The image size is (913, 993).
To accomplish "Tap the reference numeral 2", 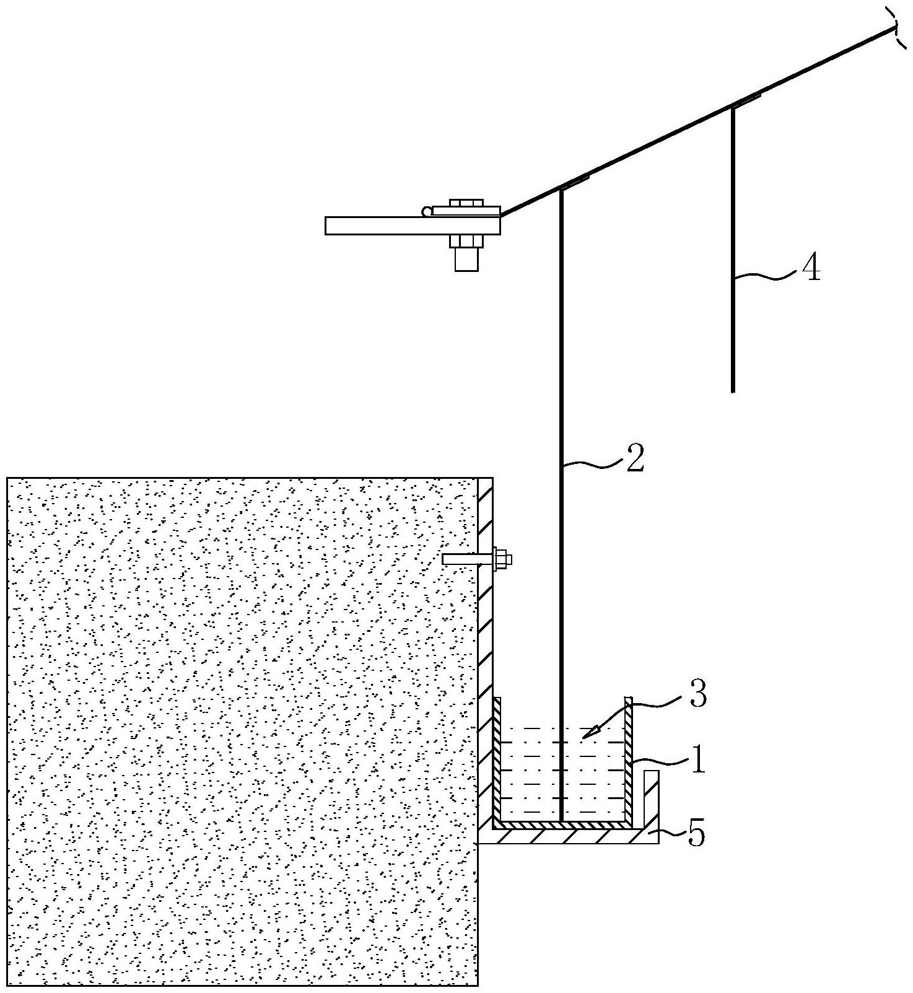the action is click(634, 458).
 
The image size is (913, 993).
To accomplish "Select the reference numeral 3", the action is click(698, 696).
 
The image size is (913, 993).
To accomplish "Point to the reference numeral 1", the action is click(698, 759).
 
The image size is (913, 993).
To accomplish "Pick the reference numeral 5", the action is click(696, 835).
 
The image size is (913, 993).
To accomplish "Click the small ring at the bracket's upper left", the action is click(426, 212).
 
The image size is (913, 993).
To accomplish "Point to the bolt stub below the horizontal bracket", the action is click(466, 259).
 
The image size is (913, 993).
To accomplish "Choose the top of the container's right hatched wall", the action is click(629, 702).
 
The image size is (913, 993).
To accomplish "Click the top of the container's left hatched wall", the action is click(496, 702).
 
